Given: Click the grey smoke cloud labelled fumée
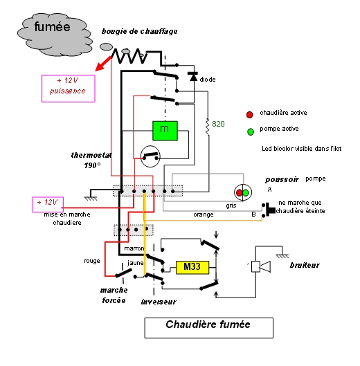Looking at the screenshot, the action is click(55, 35).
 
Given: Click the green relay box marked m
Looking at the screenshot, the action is click(165, 131).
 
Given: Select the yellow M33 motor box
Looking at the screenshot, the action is click(192, 267).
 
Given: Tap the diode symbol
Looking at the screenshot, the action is click(193, 76).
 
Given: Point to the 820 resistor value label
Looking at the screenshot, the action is click(218, 124).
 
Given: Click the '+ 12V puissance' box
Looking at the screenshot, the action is click(69, 89).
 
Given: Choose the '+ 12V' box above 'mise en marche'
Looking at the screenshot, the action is click(48, 205).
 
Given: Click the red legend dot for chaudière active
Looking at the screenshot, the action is click(249, 115).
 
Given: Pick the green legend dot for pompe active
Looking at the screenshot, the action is click(251, 132).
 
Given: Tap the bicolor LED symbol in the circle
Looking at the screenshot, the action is click(243, 192).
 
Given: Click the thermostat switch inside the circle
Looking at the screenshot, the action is click(150, 156).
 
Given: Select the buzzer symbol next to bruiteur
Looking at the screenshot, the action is click(261, 266).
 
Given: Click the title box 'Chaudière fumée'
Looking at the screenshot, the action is click(208, 328).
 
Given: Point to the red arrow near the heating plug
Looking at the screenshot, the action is click(103, 64).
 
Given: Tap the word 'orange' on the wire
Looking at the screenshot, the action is click(204, 214).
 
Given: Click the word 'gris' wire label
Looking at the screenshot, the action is click(231, 205).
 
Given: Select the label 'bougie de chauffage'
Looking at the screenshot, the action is click(139, 31).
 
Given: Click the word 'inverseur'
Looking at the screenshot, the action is click(159, 302).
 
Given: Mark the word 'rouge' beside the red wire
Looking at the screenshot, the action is click(92, 261).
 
